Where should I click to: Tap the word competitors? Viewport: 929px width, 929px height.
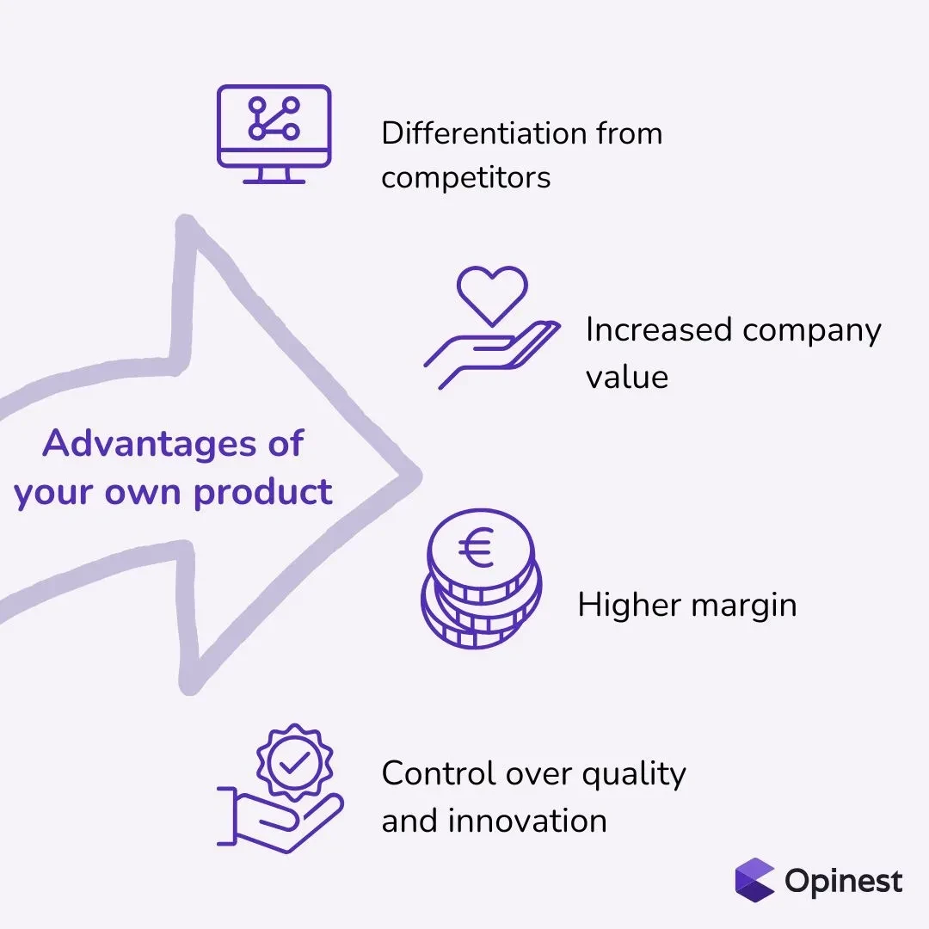(465, 178)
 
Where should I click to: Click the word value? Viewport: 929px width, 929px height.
(626, 377)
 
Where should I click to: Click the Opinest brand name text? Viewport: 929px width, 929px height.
(844, 882)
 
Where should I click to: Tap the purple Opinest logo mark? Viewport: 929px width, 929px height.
(754, 880)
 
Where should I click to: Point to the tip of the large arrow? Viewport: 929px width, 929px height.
(416, 474)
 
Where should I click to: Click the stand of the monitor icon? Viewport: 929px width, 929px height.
(274, 175)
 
